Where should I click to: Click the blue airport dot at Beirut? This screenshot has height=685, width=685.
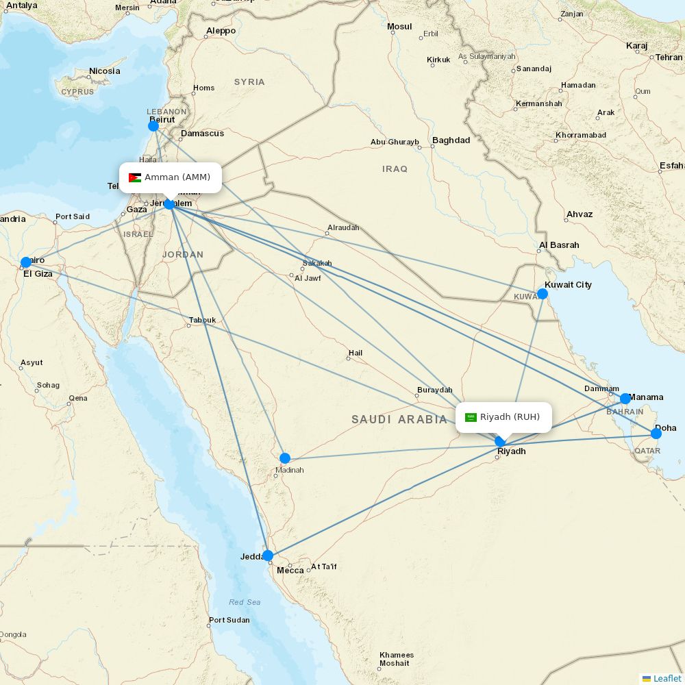coord(153,126)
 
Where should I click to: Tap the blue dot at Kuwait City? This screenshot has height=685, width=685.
coord(543,294)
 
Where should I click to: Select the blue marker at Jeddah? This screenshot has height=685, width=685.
coord(268,556)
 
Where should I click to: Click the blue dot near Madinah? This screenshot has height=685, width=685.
coord(285,458)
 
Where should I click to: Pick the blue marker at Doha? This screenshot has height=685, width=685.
coord(656,433)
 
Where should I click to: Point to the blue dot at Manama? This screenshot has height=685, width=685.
coord(625,399)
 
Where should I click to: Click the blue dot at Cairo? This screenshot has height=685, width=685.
coord(26,262)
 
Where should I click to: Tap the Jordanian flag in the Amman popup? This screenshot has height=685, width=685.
coord(135,178)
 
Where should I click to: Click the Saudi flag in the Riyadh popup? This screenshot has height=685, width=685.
coord(471,417)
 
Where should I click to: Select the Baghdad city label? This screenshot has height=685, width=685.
coord(451,140)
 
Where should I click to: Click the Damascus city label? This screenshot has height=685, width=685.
coord(202,134)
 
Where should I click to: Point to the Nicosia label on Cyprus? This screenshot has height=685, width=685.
coord(104,71)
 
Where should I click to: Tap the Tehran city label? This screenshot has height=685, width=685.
coord(669,58)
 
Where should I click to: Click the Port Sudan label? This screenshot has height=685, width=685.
coord(229,621)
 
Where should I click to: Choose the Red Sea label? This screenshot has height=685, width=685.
coord(245,602)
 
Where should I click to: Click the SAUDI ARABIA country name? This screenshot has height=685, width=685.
coord(399,419)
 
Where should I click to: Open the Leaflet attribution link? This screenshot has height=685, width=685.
coord(667,678)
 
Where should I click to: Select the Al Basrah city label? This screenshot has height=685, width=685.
coord(559,245)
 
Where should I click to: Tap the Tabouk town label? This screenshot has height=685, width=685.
coord(202,320)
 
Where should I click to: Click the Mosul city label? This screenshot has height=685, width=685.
coord(399,27)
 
